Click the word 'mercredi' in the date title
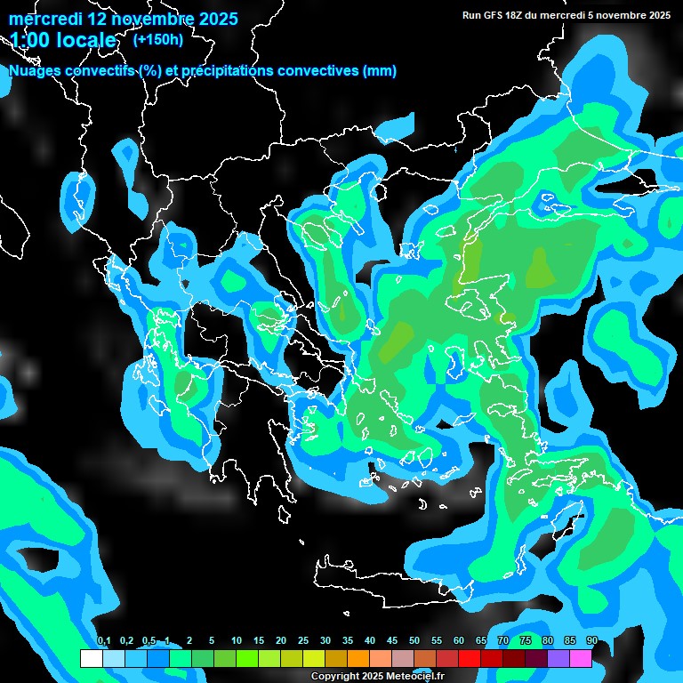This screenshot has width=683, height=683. point(44,19)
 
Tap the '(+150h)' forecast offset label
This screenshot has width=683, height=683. point(158,39)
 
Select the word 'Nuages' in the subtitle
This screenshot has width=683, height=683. point(36,71)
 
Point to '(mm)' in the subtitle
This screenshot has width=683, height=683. point(380,71)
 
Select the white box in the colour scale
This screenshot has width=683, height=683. point(91,658)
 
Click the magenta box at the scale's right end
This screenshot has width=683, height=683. point(581,658)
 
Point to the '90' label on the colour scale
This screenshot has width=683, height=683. point(591,641)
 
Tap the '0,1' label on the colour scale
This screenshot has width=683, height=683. point(104,641)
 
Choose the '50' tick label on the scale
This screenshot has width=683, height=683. point(414,641)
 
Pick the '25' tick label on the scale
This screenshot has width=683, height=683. point(302,641)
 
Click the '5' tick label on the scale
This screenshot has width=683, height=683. point(212,641)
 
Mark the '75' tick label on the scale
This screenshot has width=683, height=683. point(525,641)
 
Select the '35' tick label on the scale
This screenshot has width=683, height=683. point(347,641)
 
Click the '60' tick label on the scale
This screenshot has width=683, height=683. point(458,641)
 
